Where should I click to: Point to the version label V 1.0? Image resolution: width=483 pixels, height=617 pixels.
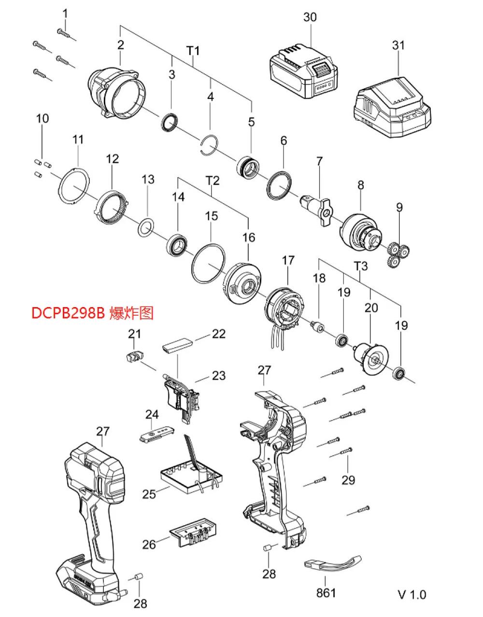pos(412,594)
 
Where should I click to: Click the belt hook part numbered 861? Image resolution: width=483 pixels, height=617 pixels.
pos(333,564)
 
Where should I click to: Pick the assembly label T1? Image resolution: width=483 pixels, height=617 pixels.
pos(193,51)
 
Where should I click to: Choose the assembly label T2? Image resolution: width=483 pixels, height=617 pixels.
pos(213,181)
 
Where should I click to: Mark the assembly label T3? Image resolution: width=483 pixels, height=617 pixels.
pos(361,266)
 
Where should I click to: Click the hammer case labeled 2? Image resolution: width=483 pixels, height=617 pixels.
pos(118,93)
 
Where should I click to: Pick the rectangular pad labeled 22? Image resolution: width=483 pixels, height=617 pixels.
pos(177,345)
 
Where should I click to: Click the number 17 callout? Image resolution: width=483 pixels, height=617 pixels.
pos(288,261)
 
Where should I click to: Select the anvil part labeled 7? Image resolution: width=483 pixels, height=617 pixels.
pos(319,205)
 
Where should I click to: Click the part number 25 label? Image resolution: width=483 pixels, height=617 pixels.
pos(149,494)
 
